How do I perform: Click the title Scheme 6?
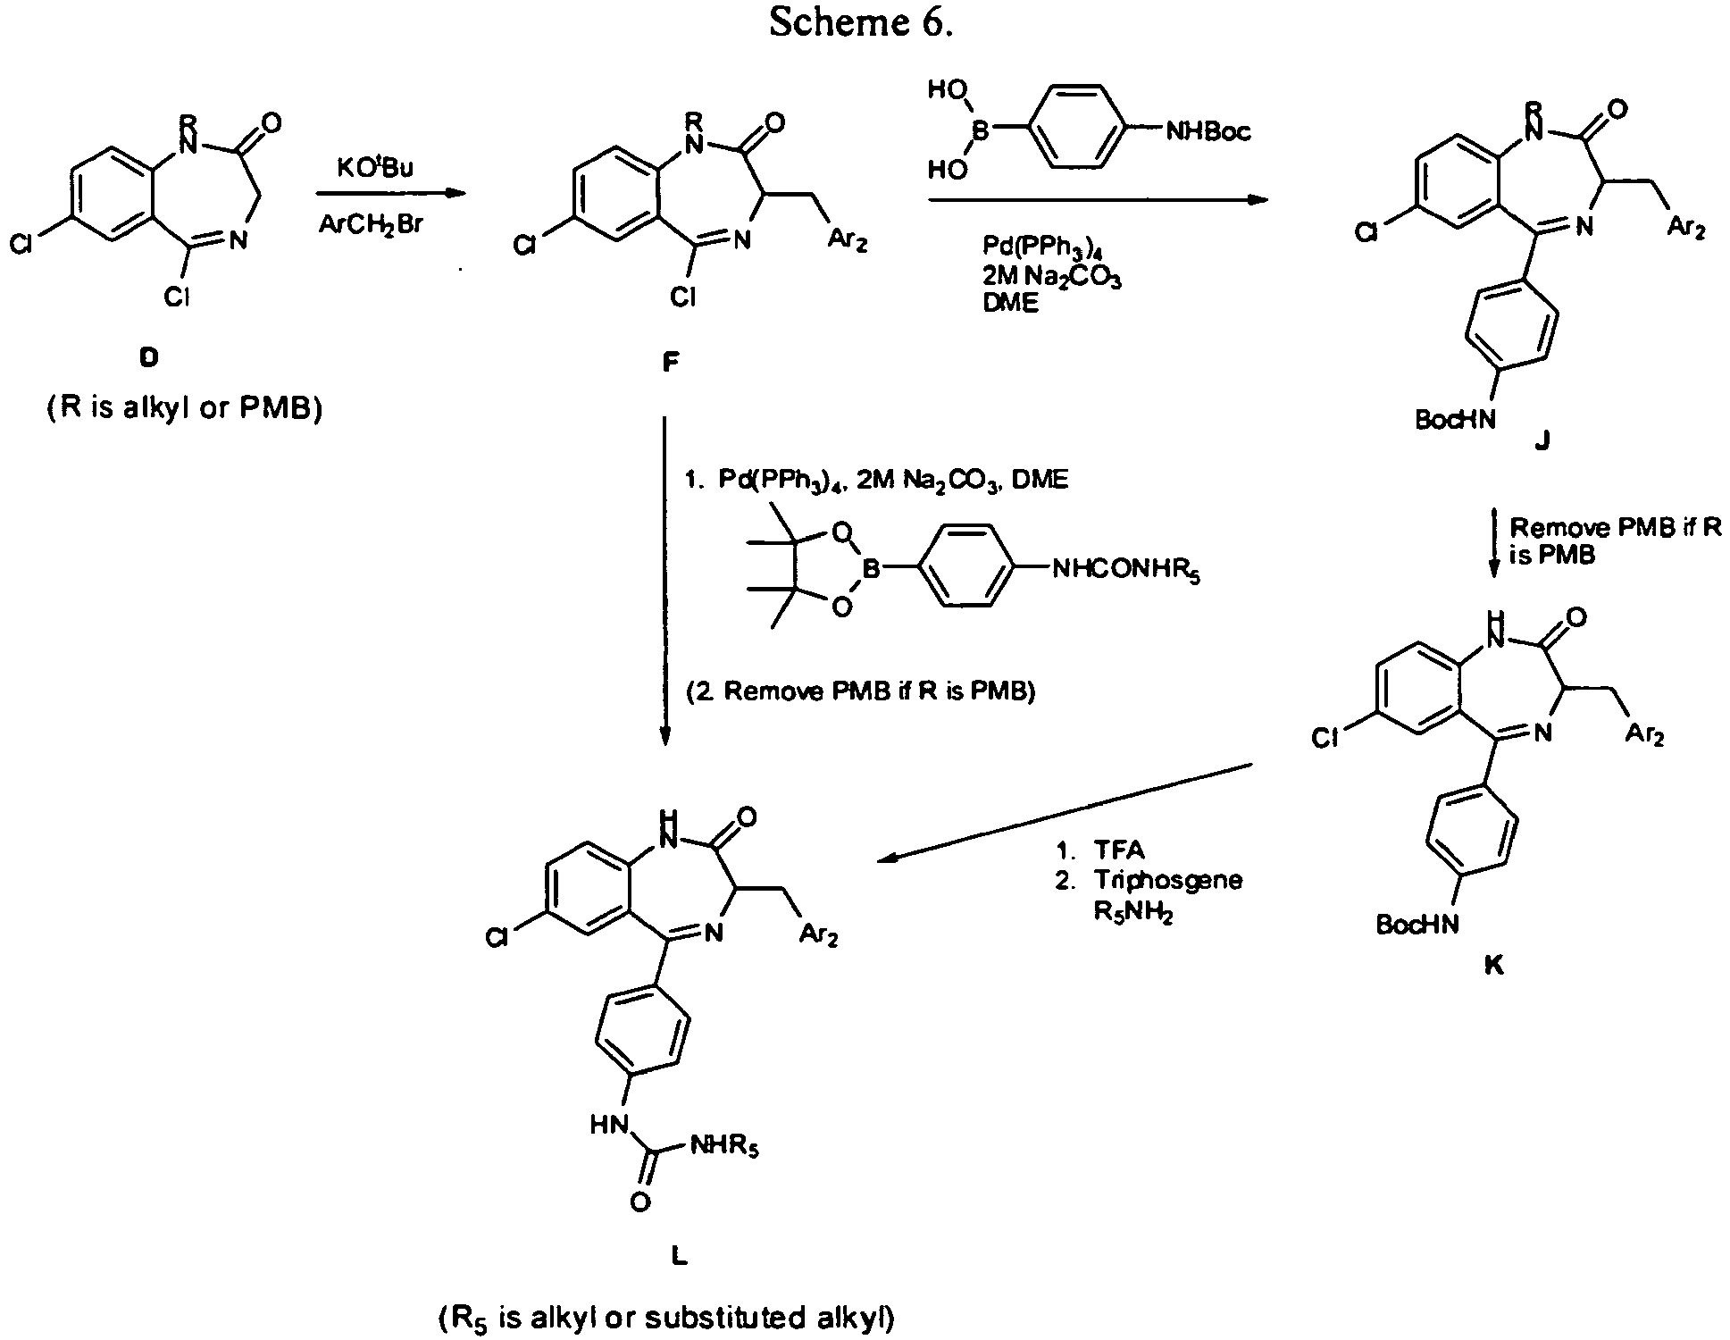tap(861, 24)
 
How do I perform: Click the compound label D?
tap(148, 358)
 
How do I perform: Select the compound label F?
tap(671, 361)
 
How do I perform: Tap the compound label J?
tap(1543, 440)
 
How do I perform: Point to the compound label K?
tap(1494, 966)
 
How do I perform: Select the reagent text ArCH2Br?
tap(371, 225)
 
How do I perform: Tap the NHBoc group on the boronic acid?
tap(1208, 132)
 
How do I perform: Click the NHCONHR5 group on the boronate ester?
tap(1126, 569)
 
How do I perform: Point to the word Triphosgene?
tap(1168, 880)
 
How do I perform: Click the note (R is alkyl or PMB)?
tap(184, 409)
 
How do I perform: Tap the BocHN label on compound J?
tap(1455, 419)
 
